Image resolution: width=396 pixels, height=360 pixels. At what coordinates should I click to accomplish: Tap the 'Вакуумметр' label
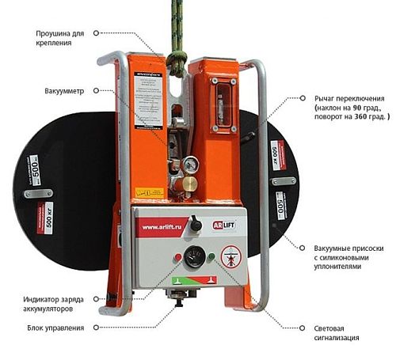(64, 92)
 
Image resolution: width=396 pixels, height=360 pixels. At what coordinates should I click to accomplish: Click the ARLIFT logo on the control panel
(224, 223)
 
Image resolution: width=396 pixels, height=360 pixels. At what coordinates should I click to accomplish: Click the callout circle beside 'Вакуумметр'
(96, 92)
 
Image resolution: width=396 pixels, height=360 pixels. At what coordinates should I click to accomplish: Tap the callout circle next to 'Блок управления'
(96, 327)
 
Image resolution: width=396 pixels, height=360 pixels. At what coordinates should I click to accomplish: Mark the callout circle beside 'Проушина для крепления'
(96, 33)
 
